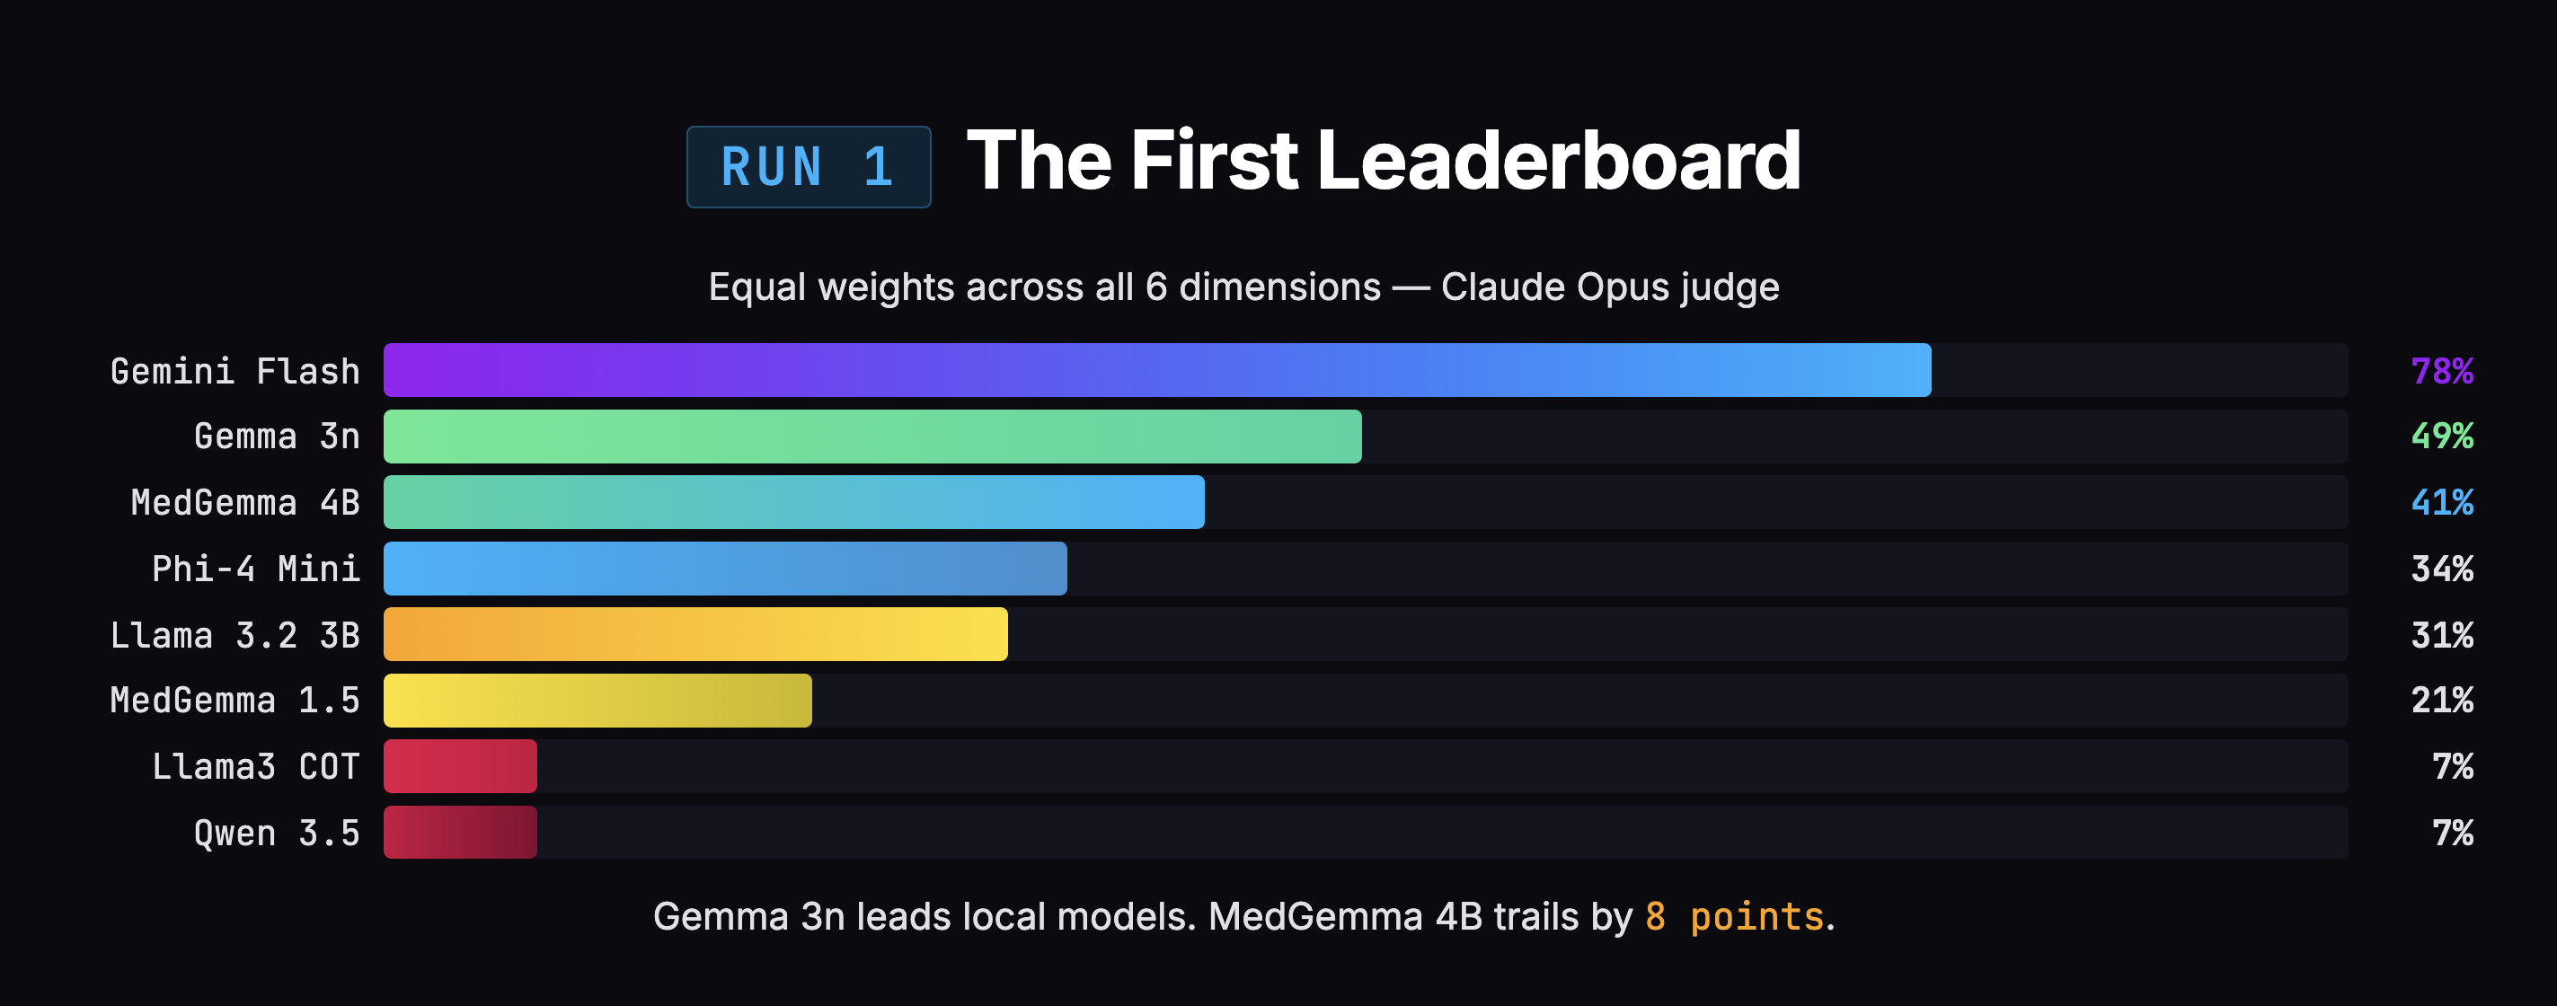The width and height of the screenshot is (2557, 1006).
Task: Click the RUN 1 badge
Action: pyautogui.click(x=808, y=167)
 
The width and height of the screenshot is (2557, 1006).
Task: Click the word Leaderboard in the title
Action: pyautogui.click(x=1559, y=161)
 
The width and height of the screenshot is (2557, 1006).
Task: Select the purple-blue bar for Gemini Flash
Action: pyautogui.click(x=1156, y=370)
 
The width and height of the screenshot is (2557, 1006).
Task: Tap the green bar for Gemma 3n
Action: pyautogui.click(x=872, y=437)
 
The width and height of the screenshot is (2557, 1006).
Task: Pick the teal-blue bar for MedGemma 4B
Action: pyautogui.click(x=793, y=502)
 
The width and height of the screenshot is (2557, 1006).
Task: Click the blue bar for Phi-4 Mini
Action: pyautogui.click(x=725, y=569)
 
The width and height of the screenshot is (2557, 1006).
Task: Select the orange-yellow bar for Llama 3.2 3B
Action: pyautogui.click(x=695, y=634)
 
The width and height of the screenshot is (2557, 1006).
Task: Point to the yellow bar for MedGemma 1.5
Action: pyautogui.click(x=597, y=701)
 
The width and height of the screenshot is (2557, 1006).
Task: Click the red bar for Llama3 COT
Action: pyautogui.click(x=460, y=766)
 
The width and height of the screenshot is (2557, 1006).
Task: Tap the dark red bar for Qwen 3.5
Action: pyautogui.click(x=460, y=833)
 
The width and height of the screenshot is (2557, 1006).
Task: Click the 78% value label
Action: pyautogui.click(x=2441, y=371)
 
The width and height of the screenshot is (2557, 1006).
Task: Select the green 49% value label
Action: pyautogui.click(x=2441, y=437)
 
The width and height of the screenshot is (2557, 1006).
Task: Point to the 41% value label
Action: pyautogui.click(x=2441, y=503)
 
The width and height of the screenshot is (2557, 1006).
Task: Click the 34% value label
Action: pyautogui.click(x=2441, y=569)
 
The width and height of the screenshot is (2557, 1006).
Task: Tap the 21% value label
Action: pyautogui.click(x=2441, y=701)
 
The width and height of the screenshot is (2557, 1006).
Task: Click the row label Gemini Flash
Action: pyautogui.click(x=234, y=371)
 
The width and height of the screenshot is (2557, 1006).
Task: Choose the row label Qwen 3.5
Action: pyautogui.click(x=276, y=834)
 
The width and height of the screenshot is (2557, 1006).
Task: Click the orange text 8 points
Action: pyautogui.click(x=1734, y=917)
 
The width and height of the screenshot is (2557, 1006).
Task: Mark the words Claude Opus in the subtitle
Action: pyautogui.click(x=1554, y=287)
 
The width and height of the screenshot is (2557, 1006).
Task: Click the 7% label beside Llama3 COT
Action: pyautogui.click(x=2452, y=767)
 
